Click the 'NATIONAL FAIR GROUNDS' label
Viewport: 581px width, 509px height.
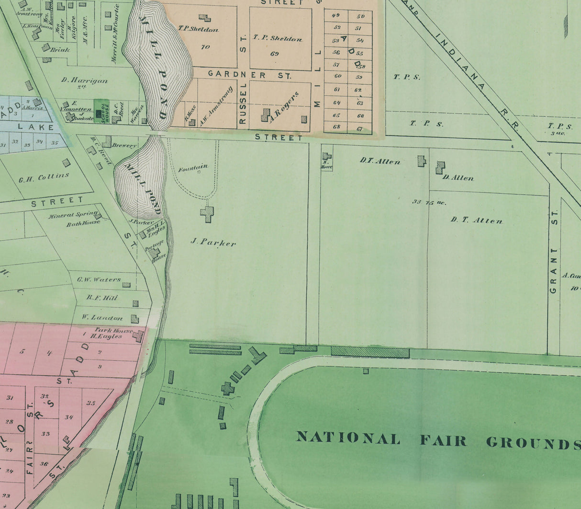point(438,440)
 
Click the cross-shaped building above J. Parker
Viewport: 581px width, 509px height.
point(207,213)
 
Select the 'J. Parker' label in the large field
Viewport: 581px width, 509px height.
point(213,243)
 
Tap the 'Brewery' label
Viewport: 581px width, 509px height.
point(124,145)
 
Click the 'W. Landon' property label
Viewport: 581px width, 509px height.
point(102,317)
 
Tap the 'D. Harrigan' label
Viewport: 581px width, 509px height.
point(84,81)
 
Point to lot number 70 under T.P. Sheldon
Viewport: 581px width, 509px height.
point(205,47)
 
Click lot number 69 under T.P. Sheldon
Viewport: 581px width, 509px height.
point(274,54)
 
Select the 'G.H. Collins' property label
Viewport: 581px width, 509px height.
point(44,178)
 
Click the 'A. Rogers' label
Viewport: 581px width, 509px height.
point(284,106)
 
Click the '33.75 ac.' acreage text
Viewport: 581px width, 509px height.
point(429,202)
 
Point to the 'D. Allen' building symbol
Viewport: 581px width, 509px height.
point(440,167)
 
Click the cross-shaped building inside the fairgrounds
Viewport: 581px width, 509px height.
point(227,388)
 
